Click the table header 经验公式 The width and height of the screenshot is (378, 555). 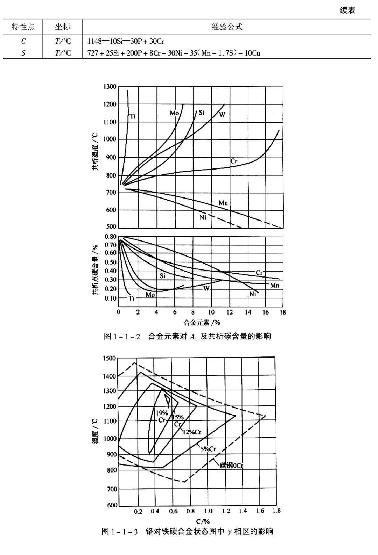[227, 27]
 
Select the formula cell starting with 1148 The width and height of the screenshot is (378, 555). [126, 41]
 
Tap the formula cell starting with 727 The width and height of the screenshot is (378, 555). [174, 53]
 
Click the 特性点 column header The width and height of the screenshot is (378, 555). [23, 27]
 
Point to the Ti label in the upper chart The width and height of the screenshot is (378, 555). [133, 117]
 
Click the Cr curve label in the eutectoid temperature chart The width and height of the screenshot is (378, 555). [234, 161]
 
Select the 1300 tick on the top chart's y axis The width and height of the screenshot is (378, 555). [110, 86]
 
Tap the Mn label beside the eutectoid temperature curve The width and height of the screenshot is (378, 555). [223, 203]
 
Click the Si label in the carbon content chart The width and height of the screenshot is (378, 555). [163, 276]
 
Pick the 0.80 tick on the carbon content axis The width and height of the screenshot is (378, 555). [110, 237]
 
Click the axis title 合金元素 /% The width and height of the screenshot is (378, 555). [202, 322]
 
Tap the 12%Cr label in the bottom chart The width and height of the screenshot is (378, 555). [192, 432]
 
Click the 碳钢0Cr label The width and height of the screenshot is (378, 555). [231, 465]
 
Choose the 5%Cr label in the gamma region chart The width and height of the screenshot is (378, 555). [208, 449]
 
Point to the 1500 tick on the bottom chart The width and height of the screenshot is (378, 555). [109, 358]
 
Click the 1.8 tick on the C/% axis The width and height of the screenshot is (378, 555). [276, 511]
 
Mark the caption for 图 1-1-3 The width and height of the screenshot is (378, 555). [187, 532]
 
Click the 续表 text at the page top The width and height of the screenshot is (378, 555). [347, 10]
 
